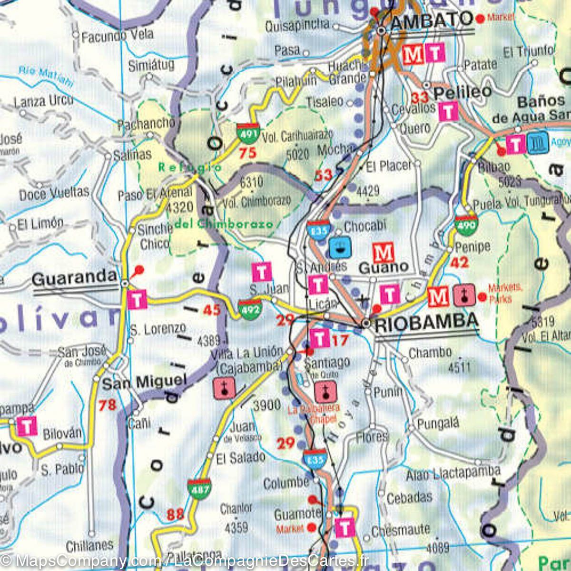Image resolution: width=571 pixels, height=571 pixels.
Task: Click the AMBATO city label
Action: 431,20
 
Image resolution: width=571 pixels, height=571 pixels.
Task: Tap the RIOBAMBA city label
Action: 426,322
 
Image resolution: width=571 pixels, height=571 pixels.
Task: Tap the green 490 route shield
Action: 466,225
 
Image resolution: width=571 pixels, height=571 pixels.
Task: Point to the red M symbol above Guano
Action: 384,251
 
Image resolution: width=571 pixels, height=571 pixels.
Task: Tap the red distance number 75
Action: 247,153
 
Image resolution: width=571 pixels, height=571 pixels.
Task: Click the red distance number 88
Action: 175,515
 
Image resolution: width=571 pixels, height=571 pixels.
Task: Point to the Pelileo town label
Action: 462,92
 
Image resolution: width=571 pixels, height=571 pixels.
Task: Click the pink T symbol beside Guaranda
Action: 137,299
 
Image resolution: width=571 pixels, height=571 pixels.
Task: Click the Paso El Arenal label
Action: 155,194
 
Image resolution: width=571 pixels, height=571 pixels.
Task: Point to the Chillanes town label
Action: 90,545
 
